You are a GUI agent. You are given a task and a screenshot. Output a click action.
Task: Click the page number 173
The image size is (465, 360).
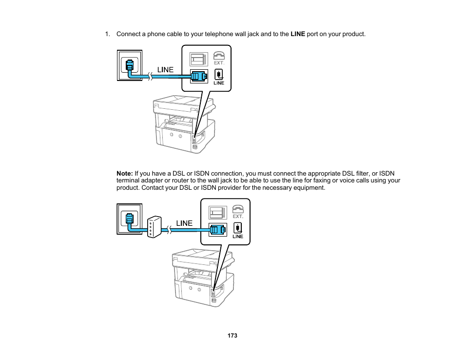tap(232, 336)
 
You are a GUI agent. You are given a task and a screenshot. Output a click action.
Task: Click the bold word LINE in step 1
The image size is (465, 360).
tap(298, 34)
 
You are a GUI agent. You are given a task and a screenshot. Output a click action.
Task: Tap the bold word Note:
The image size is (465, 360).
tap(125, 173)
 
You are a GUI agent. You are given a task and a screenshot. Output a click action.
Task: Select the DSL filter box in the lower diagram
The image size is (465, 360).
tap(154, 227)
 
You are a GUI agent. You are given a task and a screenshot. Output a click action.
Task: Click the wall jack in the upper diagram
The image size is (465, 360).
tap(130, 65)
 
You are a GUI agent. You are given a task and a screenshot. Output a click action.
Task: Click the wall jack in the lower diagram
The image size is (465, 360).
tap(130, 219)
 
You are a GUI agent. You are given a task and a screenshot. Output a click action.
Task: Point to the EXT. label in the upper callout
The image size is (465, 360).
tap(219, 63)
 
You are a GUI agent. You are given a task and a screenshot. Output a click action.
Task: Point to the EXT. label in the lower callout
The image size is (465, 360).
tap(238, 217)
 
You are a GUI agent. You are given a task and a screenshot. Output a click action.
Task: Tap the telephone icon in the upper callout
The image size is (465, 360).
tap(219, 56)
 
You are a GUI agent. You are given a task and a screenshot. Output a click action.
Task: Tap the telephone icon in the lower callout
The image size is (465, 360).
tap(238, 209)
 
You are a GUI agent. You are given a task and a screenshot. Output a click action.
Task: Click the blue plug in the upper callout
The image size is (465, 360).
tap(199, 76)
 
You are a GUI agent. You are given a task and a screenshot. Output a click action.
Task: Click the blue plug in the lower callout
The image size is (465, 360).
tap(218, 230)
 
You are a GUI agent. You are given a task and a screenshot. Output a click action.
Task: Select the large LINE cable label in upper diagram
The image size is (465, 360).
tap(165, 70)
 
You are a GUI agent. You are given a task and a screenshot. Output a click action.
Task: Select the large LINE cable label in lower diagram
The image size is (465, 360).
tap(184, 223)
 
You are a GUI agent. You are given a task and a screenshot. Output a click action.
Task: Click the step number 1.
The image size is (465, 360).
tap(107, 34)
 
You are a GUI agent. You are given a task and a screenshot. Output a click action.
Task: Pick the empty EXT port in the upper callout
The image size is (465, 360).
tap(199, 60)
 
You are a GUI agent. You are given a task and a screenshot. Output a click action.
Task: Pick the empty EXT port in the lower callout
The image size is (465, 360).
tap(218, 213)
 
